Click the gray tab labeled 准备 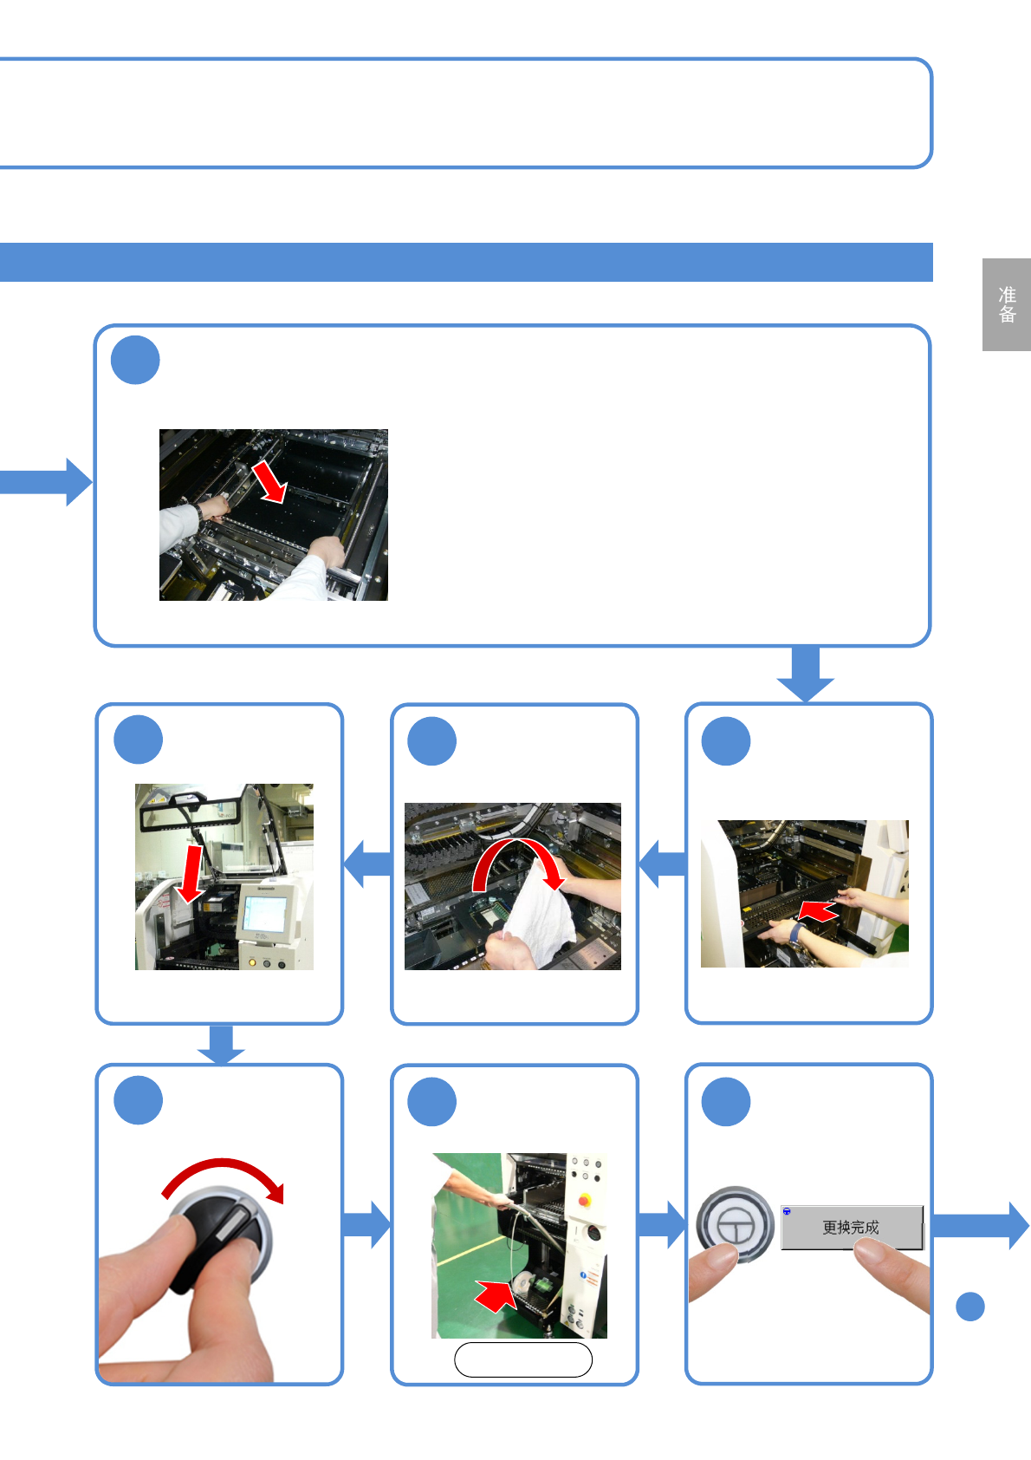1006,304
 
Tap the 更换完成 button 851,1227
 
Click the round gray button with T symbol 735,1224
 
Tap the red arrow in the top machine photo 269,481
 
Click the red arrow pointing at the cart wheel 495,1296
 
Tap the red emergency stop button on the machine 585,1200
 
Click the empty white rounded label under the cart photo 523,1359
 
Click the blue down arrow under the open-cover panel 221,1045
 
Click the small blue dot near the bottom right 970,1307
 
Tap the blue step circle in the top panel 135,360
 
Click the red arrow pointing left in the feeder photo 817,912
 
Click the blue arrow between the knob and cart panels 366,1224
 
